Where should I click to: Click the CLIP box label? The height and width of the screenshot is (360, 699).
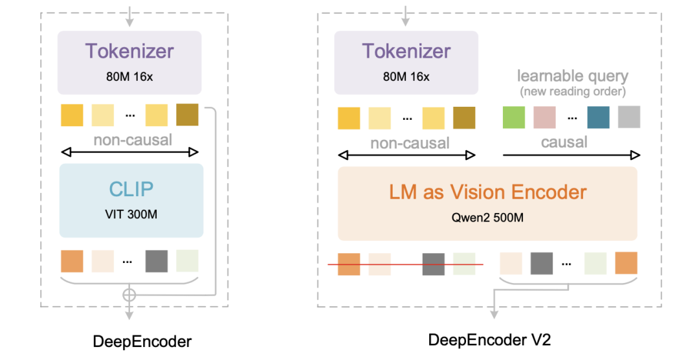131,188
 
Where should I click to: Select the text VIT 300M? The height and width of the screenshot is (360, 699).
131,214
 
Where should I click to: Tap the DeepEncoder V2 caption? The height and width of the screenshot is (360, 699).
489,339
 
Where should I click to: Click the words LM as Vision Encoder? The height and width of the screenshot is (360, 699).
488,192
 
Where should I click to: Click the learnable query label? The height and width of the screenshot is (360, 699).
572,76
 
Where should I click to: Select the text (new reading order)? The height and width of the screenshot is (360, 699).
572,91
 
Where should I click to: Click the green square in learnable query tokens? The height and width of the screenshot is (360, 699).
514,117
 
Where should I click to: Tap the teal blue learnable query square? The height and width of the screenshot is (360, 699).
598,117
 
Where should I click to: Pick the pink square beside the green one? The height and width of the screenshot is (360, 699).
544,117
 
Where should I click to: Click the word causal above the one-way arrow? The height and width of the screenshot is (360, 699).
564,142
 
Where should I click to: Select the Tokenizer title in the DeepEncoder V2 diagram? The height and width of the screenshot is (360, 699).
406,51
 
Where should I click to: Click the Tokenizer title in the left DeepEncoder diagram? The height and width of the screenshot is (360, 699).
130,51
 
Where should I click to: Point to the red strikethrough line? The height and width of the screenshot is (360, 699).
405,265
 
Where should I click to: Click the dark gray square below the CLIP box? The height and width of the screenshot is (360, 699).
156,261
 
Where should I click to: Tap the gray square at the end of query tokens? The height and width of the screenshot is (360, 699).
628,117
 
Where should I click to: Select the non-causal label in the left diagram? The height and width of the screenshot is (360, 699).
133,140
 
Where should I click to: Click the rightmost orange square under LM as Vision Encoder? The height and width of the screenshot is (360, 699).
626,263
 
